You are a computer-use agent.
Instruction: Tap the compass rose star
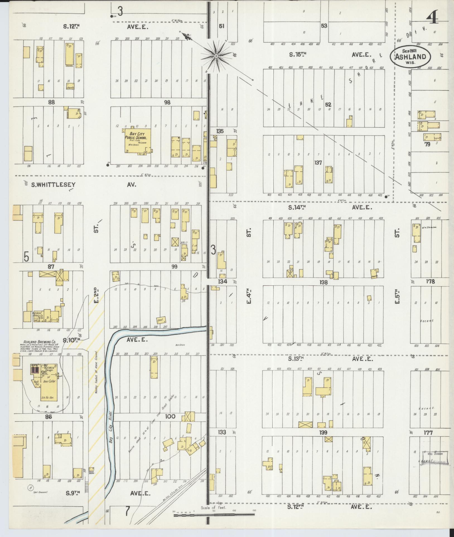pyautogui.click(x=216, y=56)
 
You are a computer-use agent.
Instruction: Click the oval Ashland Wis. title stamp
pyautogui.click(x=410, y=57)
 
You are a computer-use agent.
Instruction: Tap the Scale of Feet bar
pyautogui.click(x=214, y=516)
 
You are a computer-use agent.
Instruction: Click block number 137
pyautogui.click(x=318, y=162)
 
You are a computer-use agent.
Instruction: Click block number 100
pyautogui.click(x=170, y=417)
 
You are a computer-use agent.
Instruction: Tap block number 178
pyautogui.click(x=430, y=281)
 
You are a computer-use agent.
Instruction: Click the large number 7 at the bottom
pyautogui.click(x=127, y=511)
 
